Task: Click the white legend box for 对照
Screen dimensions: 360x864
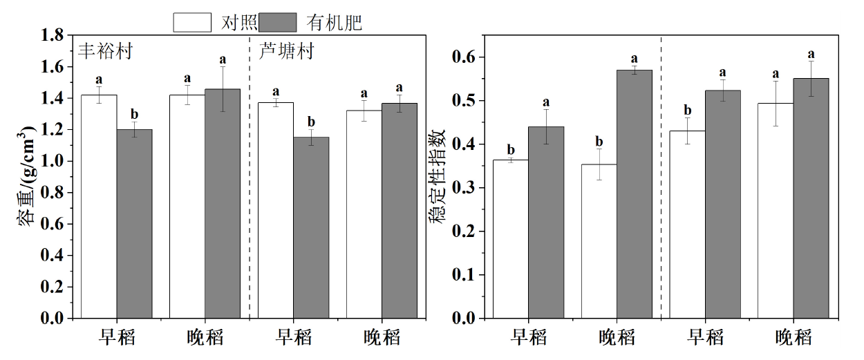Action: [x=191, y=22]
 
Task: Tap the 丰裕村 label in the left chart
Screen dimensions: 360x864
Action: [x=105, y=51]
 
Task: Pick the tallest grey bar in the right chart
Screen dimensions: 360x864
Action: [x=634, y=193]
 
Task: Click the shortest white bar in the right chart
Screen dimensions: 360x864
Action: [x=599, y=241]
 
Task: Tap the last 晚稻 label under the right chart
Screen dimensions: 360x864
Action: [x=793, y=338]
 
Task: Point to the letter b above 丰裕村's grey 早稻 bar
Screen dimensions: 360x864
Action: [x=135, y=115]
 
